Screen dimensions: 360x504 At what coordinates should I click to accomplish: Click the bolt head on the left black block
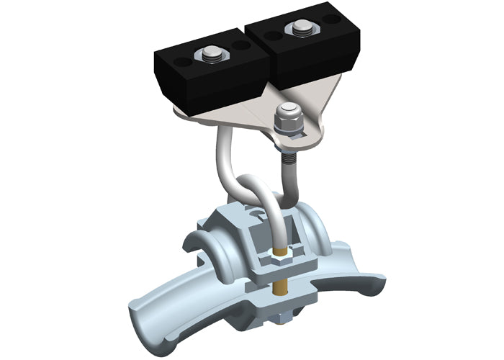pyautogui.click(x=211, y=51)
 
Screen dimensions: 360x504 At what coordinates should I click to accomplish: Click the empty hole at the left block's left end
pyautogui.click(x=179, y=63)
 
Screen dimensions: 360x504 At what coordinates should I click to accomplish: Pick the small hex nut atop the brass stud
pyautogui.click(x=279, y=256)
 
